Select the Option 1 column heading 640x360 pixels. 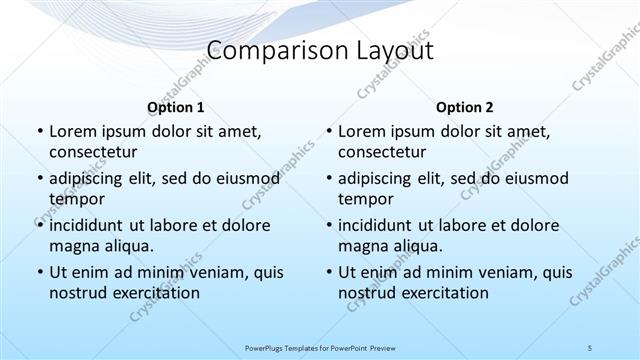(x=175, y=107)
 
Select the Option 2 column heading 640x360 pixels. (x=464, y=107)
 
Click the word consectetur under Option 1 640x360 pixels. (x=93, y=152)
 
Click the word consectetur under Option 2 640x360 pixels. (x=382, y=152)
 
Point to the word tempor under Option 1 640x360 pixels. (x=76, y=199)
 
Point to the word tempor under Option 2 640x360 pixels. (x=365, y=199)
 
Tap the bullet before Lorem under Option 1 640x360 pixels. (x=39, y=132)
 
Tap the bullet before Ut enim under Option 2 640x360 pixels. (x=329, y=272)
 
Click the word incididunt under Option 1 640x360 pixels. (x=92, y=225)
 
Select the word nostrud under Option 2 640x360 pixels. (x=370, y=293)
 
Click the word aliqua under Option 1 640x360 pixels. (x=126, y=246)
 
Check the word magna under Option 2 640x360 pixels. (x=362, y=246)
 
